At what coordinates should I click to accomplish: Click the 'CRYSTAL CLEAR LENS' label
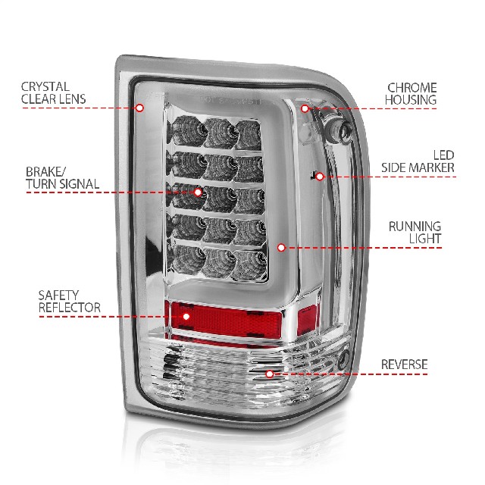(x=53, y=92)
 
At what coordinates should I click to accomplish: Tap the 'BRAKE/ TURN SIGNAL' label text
(x=62, y=178)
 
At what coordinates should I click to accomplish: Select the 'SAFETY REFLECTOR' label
(x=69, y=302)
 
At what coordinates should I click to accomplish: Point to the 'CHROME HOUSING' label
(x=411, y=94)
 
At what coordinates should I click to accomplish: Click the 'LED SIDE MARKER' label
(x=418, y=161)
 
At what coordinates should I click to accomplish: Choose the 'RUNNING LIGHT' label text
(x=415, y=233)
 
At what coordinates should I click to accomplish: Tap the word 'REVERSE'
(x=404, y=365)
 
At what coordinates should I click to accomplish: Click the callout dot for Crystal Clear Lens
(x=139, y=108)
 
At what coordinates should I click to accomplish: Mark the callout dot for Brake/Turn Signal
(x=198, y=192)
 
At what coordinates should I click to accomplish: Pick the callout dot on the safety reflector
(x=186, y=317)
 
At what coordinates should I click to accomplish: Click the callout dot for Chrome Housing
(x=305, y=108)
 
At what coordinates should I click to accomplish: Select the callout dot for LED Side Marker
(x=320, y=177)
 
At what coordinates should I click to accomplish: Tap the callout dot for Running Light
(x=281, y=248)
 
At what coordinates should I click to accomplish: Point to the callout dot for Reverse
(x=270, y=374)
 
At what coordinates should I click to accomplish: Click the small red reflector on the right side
(x=308, y=320)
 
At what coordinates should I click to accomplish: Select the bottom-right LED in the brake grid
(x=250, y=264)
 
